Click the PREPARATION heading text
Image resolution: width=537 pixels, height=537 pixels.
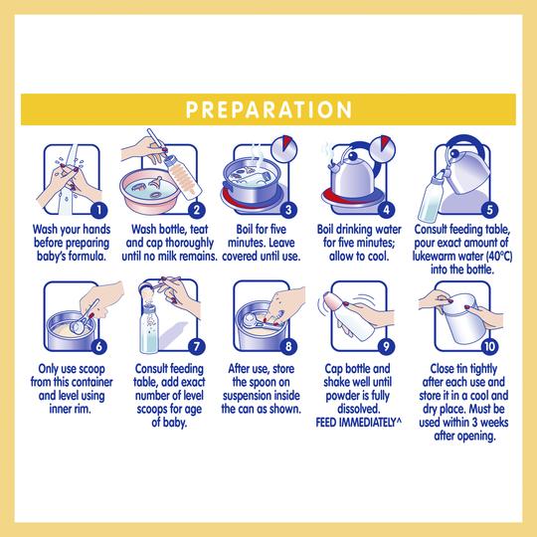[268, 109]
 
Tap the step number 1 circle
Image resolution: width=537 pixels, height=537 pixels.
[99, 210]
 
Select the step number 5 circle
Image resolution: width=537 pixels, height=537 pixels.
[489, 210]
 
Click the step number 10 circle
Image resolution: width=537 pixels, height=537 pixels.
[489, 346]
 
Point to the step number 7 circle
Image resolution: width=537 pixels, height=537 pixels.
[197, 346]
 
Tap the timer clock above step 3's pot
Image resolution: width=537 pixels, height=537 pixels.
[284, 149]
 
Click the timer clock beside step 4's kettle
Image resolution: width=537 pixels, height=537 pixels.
[383, 149]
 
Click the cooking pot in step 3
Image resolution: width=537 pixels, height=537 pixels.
[252, 183]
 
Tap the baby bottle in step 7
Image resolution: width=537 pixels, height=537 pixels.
[149, 329]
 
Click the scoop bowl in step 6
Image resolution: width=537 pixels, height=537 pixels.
[78, 326]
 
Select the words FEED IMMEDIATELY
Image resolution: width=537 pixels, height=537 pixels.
[356, 423]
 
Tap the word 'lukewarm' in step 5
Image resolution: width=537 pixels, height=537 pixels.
[434, 257]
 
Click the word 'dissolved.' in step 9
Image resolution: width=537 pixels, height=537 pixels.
[359, 409]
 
